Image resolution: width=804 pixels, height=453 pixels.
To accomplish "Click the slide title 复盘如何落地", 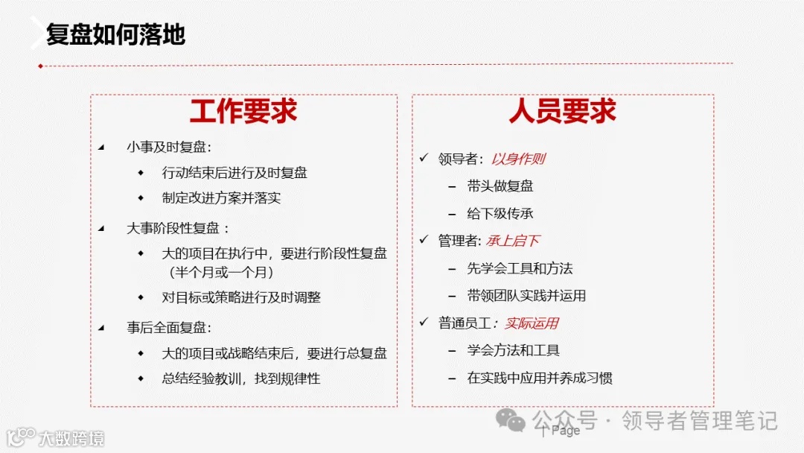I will [115, 34].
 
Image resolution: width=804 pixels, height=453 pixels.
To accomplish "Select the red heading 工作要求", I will [243, 111].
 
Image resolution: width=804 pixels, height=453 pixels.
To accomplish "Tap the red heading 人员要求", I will [563, 111].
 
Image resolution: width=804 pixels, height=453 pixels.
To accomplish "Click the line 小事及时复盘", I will [169, 147].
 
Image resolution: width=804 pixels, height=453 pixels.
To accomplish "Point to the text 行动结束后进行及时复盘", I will [234, 173].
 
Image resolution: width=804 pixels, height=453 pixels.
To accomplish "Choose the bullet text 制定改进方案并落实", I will [221, 198].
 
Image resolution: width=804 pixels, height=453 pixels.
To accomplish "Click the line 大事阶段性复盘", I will [177, 228].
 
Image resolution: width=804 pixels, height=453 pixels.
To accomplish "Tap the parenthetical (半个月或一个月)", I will [222, 272].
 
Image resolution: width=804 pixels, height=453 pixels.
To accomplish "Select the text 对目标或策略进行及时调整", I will [241, 297].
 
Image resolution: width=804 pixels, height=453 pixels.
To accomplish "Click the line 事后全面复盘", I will [169, 327].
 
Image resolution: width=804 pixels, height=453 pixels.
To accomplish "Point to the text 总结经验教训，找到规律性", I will [241, 378].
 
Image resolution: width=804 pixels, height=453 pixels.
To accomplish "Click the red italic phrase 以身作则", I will [518, 159].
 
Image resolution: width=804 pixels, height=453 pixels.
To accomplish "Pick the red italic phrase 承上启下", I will [513, 241].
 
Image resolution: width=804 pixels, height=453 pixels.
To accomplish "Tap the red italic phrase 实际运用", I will [532, 323].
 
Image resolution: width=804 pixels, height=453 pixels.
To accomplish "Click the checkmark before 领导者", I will [424, 158].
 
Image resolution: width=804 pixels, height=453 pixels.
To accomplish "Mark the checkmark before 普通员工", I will [424, 323].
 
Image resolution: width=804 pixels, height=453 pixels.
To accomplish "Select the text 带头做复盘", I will [500, 186].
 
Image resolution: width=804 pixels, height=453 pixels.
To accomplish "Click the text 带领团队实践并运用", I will [526, 296].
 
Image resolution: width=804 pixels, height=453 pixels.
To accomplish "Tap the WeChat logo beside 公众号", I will [511, 421].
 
